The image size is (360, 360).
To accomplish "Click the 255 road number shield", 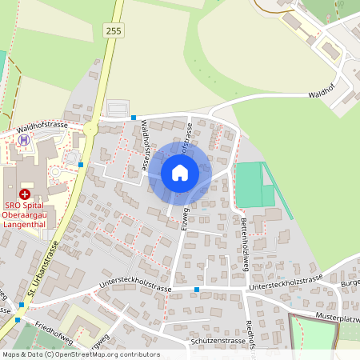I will click(113, 30).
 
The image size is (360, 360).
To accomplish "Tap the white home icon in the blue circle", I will click(179, 173).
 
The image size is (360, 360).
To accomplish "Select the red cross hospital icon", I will click(25, 194).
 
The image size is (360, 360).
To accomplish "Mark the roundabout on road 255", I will click(90, 129).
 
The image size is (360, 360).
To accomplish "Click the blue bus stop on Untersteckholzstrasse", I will click(197, 290).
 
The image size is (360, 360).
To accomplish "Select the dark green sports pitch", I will click(249, 186).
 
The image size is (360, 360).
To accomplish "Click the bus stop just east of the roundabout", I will click(133, 118).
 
